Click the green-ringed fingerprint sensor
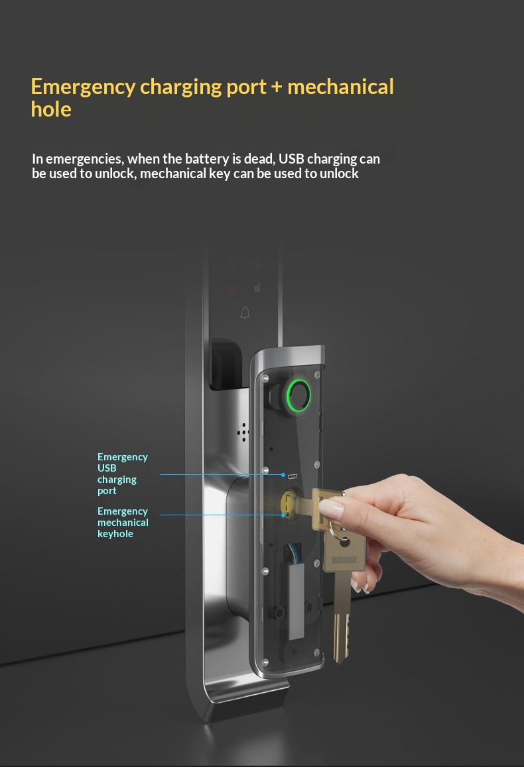click(298, 394)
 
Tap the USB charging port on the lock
click(293, 476)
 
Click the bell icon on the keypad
click(245, 313)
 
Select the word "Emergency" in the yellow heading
click(83, 87)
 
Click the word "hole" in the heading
click(51, 109)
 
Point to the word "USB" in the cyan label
click(107, 468)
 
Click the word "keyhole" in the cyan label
click(115, 534)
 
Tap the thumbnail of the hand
click(332, 509)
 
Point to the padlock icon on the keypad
click(257, 287)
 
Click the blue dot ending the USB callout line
click(283, 475)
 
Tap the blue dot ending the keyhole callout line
click(283, 515)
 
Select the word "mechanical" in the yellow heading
click(340, 87)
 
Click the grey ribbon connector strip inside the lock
click(296, 601)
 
